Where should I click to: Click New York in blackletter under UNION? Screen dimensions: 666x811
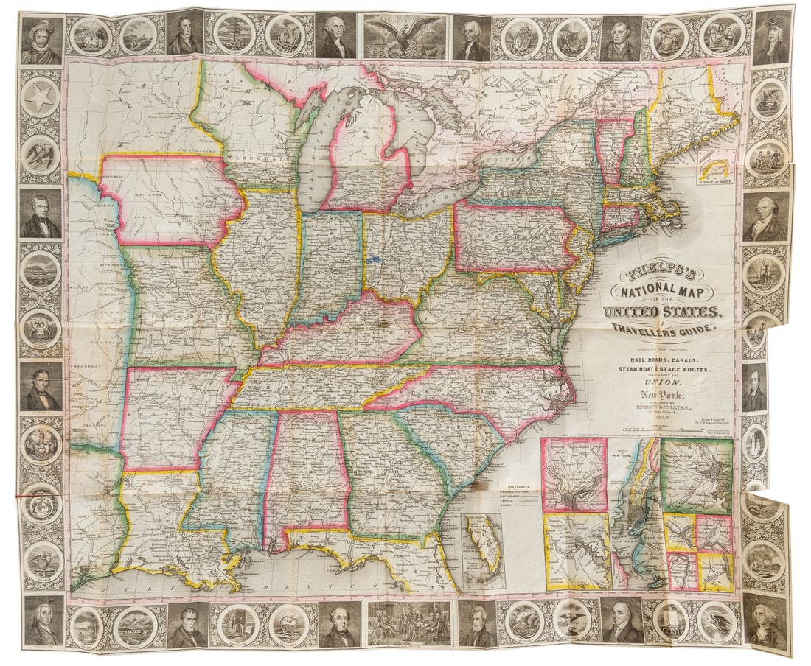tap(660, 396)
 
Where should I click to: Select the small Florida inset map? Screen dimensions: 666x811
tap(484, 550)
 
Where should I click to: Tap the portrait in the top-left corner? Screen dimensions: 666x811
tap(40, 37)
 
